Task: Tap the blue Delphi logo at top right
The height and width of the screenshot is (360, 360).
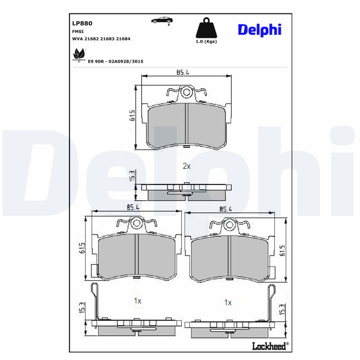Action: (259, 30)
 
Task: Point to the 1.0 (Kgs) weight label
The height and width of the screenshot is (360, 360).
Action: (206, 41)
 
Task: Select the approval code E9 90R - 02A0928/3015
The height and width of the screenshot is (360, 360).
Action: (115, 61)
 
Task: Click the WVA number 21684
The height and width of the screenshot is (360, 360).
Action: (123, 39)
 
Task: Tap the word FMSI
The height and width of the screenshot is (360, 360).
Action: (77, 31)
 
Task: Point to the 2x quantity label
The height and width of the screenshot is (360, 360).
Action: (187, 166)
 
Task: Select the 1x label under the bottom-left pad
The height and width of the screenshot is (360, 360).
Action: (138, 301)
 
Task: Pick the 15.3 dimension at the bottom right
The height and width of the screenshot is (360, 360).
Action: (282, 310)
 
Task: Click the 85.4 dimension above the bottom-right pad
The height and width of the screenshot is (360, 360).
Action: (225, 209)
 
